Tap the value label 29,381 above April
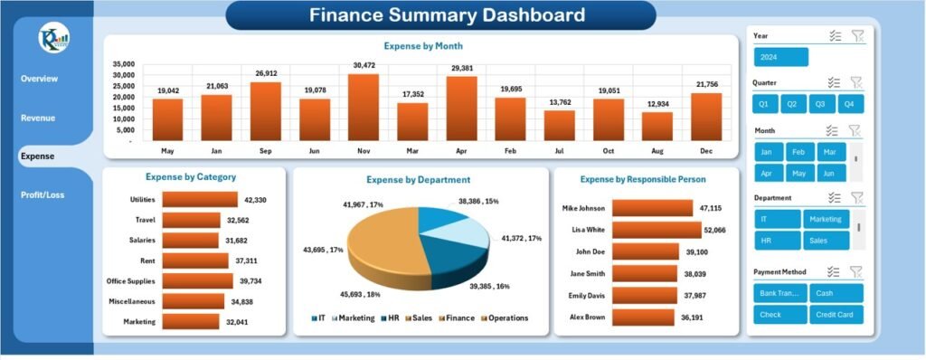pos(461,68)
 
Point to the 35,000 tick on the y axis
pos(123,64)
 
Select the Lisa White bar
pos(652,230)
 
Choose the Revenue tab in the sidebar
pos(38,118)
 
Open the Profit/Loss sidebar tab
pos(43,194)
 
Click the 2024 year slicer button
pos(780,57)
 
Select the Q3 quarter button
pos(822,104)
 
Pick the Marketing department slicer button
pos(827,219)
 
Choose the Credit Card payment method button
pos(836,314)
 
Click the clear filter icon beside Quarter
pos(855,82)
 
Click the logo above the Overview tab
pos(49,41)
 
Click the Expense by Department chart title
pos(418,180)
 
